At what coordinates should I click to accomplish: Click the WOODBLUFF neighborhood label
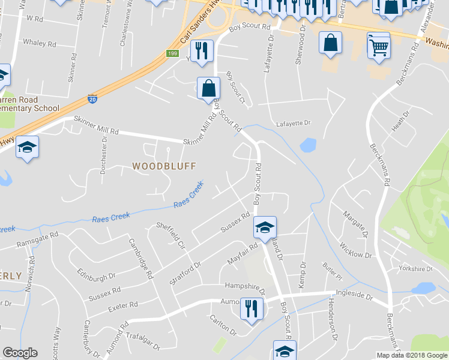tap(164, 165)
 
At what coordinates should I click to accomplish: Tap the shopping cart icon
tap(379, 46)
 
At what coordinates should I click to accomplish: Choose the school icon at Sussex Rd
tap(265, 227)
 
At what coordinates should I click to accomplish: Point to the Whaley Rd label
tap(39, 43)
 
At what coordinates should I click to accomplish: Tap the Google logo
tap(20, 353)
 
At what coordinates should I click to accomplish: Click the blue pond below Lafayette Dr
tap(307, 145)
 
